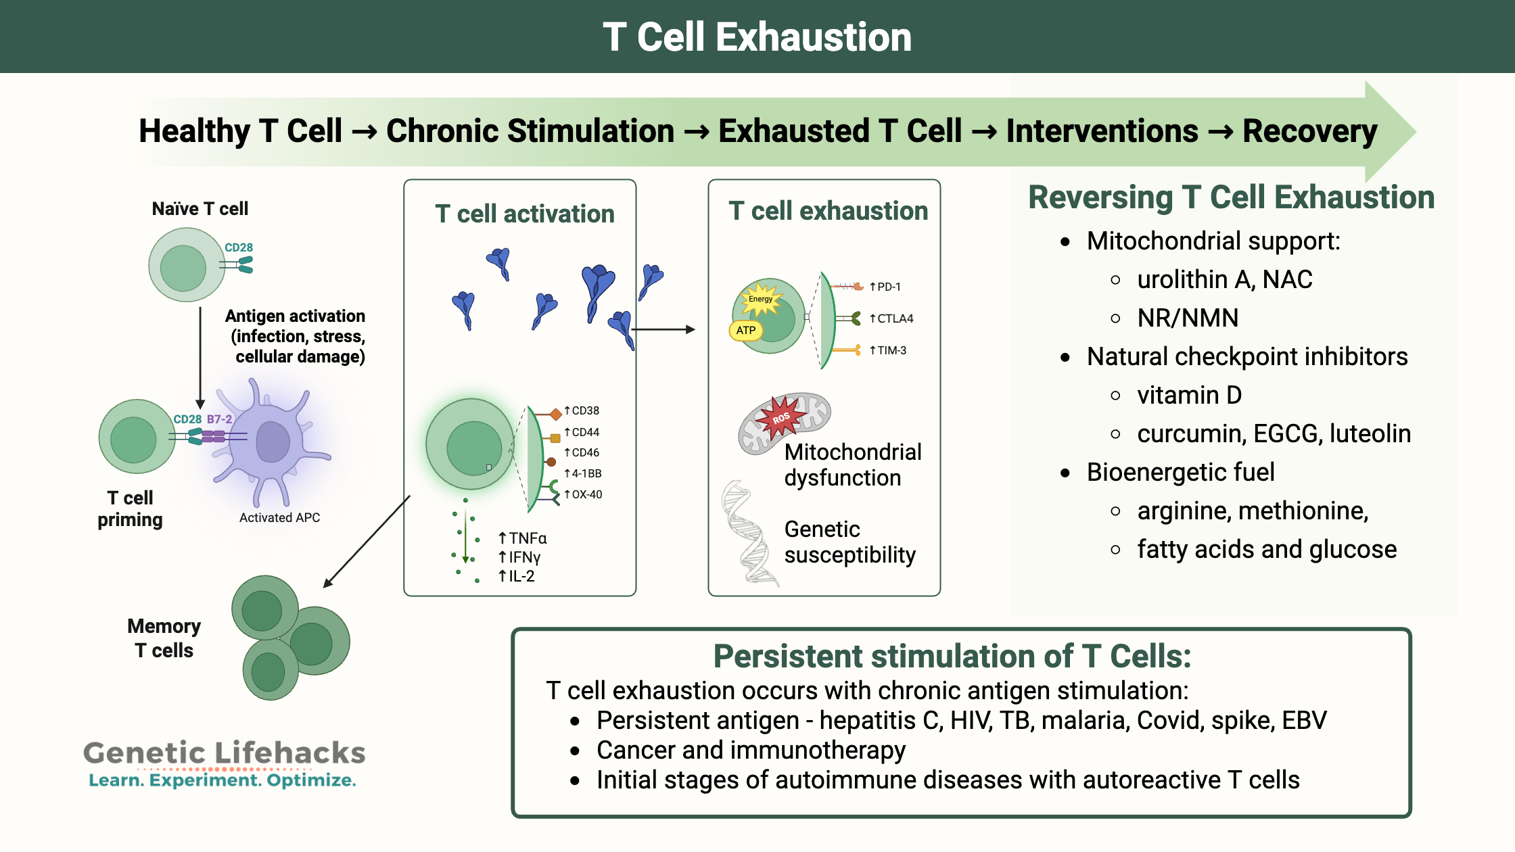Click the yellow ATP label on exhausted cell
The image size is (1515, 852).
point(745,331)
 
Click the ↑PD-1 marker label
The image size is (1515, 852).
point(885,287)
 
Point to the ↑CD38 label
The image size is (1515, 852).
point(582,410)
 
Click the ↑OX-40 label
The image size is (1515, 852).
point(583,494)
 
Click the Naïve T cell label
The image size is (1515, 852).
point(200,209)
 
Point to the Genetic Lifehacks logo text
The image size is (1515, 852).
point(224,753)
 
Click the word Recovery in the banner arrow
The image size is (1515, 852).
point(1309,131)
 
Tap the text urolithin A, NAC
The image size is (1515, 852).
point(1224,279)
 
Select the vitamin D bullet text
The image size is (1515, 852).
point(1189,395)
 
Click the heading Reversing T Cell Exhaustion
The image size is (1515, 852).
point(1231,197)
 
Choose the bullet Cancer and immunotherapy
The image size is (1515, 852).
point(751,750)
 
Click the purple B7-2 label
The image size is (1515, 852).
point(219,419)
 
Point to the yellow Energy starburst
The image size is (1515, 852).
point(761,300)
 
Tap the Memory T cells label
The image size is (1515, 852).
point(164,638)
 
